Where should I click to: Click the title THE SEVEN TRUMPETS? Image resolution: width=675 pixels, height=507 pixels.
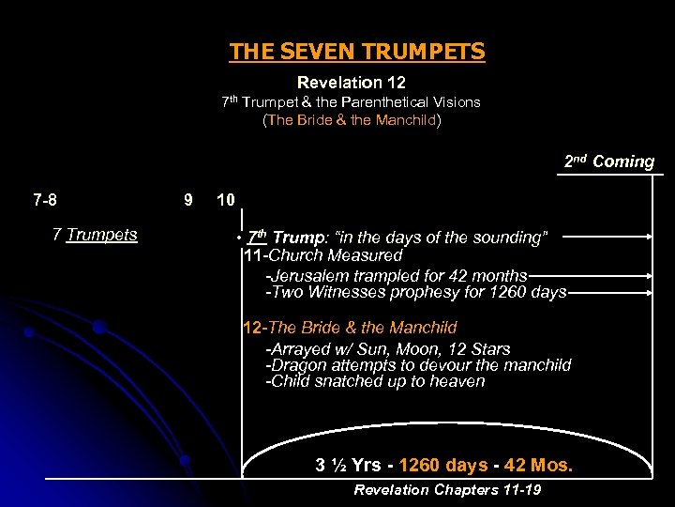coord(357,52)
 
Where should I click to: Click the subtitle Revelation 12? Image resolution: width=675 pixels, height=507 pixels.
coord(351,84)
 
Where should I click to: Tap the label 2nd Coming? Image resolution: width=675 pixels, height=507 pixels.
coord(608,161)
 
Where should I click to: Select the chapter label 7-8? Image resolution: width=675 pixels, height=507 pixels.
coord(44,200)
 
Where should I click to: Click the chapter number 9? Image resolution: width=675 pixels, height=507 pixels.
coord(188,200)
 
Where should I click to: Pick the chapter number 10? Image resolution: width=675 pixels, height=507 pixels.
coord(226,200)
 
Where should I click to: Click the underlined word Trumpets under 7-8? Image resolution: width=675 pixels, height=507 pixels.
coord(102,235)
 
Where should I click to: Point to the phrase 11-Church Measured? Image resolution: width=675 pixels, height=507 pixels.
coord(322,255)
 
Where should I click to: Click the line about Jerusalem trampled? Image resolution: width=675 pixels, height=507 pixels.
coord(397,275)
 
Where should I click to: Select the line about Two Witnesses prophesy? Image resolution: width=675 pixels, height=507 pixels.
coord(417,292)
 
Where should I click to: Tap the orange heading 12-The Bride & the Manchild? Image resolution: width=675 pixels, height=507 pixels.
coord(350,328)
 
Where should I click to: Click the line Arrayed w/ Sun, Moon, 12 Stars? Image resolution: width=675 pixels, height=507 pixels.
coord(388,349)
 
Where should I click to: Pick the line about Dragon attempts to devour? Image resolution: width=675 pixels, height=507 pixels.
coord(418,365)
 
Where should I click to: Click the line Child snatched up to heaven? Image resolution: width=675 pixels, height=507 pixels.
coord(375,381)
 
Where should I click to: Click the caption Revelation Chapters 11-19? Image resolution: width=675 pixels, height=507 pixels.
coord(447,490)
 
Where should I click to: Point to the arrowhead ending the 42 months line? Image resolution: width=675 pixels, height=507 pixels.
coord(649,275)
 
